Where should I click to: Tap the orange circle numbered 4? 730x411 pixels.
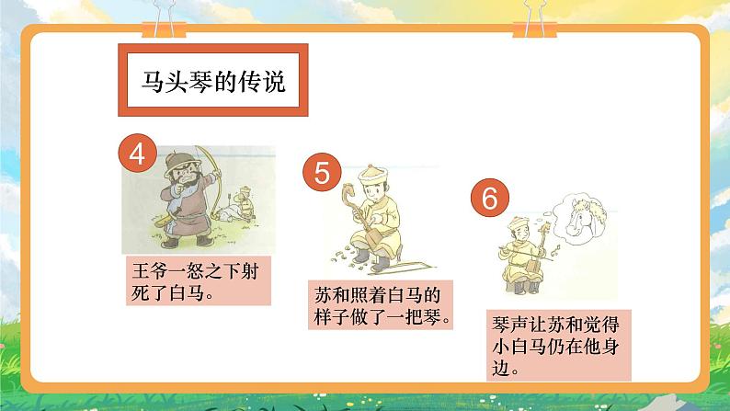point(138,154)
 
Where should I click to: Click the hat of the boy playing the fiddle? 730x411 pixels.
point(512,222)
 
